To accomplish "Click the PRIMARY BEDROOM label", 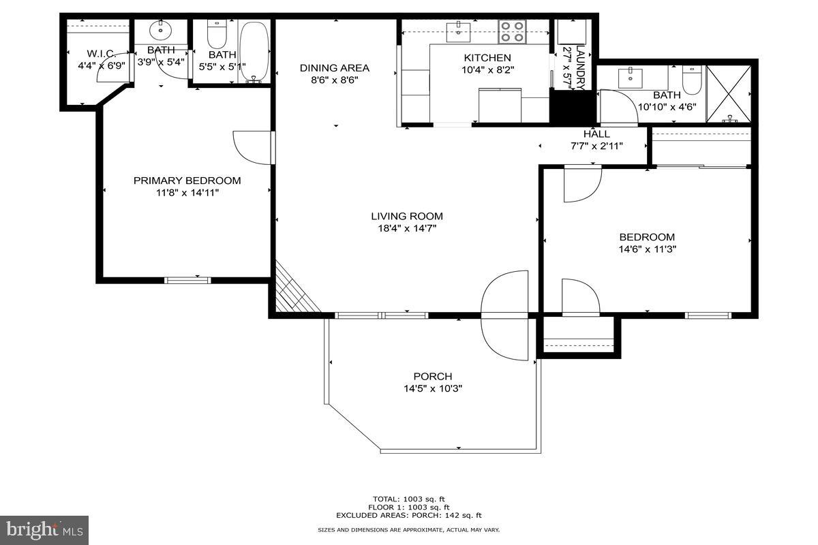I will pyautogui.click(x=187, y=181).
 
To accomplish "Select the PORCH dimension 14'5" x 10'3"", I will pyautogui.click(x=433, y=389).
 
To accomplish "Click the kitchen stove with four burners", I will pyautogui.click(x=513, y=31).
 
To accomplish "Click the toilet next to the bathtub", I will pyautogui.click(x=216, y=33).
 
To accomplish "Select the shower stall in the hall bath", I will pyautogui.click(x=728, y=95).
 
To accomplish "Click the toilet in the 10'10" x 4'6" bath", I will pyautogui.click(x=691, y=79).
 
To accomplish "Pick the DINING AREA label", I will pyautogui.click(x=335, y=67).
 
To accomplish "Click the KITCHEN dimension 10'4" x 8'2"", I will pyautogui.click(x=487, y=69).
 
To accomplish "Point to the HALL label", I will pyautogui.click(x=596, y=134).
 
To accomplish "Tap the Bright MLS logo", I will pyautogui.click(x=44, y=529).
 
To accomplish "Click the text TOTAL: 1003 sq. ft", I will pyautogui.click(x=408, y=499).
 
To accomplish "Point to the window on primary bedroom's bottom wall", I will pyautogui.click(x=188, y=279).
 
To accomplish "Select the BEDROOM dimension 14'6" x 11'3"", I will pyautogui.click(x=647, y=249).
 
